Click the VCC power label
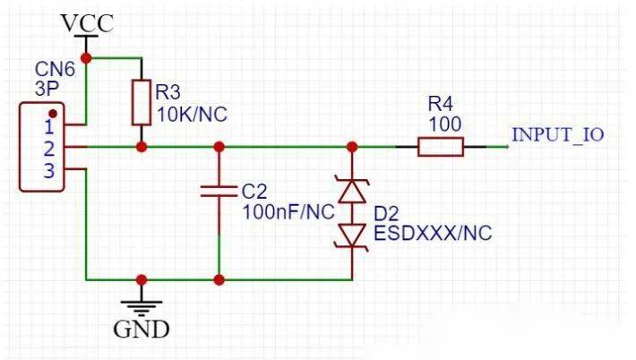(x=87, y=23)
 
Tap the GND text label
(x=142, y=330)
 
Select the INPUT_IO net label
(x=558, y=134)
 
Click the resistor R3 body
(x=142, y=103)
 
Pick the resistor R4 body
(x=441, y=147)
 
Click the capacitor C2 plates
(x=219, y=192)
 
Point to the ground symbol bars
(x=142, y=308)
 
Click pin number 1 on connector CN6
(x=49, y=127)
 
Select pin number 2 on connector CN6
(x=49, y=150)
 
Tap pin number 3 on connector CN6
(x=49, y=171)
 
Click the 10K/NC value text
(x=192, y=115)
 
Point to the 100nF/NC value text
(x=288, y=211)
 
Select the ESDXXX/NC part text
(x=433, y=233)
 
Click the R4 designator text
(x=441, y=105)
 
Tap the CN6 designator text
(x=55, y=69)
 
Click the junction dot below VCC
(x=86, y=58)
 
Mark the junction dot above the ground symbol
(x=142, y=279)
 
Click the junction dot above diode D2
(x=352, y=147)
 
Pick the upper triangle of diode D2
(x=352, y=191)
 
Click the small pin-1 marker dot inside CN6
(x=53, y=114)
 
